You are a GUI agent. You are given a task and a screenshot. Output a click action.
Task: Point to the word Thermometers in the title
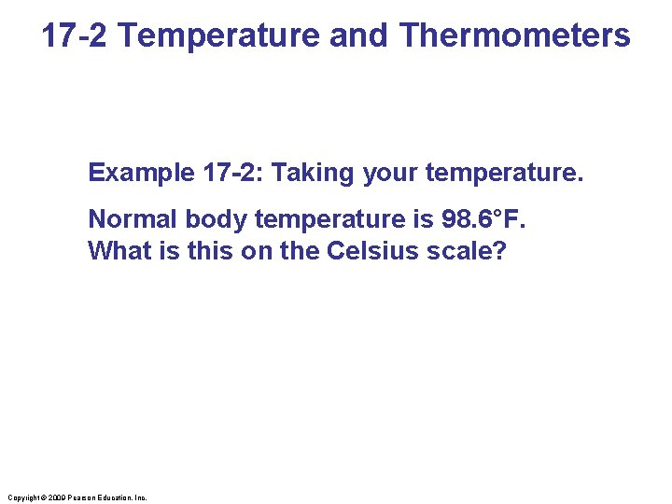tap(514, 35)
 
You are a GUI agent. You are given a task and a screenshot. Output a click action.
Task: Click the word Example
tap(141, 173)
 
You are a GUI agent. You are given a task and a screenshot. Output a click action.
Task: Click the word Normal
tap(133, 219)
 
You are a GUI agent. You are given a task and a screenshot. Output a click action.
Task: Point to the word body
tap(216, 219)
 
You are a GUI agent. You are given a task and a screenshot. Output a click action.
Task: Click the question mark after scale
tap(498, 251)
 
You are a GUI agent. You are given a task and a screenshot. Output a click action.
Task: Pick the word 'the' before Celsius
tap(299, 251)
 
